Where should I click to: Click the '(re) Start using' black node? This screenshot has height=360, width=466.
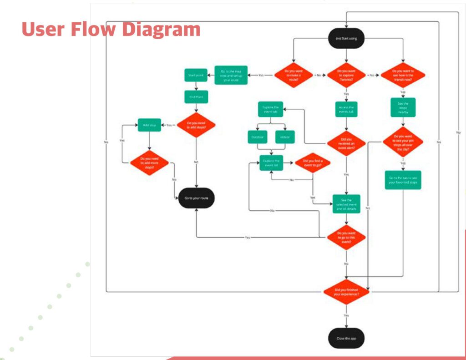346,38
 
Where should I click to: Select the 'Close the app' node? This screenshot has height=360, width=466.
346,338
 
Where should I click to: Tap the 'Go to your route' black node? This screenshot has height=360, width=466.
196,198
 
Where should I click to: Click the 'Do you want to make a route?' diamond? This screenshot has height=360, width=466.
293,74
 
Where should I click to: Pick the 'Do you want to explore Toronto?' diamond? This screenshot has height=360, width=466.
346,74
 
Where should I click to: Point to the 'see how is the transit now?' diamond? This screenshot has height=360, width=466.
403,74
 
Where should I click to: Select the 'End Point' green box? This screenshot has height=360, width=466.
196,96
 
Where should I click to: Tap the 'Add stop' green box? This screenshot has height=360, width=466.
149,125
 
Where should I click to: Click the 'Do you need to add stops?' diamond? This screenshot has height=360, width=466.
196,125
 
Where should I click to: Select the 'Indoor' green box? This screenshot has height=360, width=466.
285,137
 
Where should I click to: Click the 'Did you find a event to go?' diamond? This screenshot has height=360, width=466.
313,162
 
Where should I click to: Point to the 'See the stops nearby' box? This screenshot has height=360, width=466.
403,107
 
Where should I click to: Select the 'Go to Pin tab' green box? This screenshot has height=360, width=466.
403,180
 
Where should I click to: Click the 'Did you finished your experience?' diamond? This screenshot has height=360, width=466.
346,292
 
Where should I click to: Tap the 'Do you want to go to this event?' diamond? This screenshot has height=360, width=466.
346,237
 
